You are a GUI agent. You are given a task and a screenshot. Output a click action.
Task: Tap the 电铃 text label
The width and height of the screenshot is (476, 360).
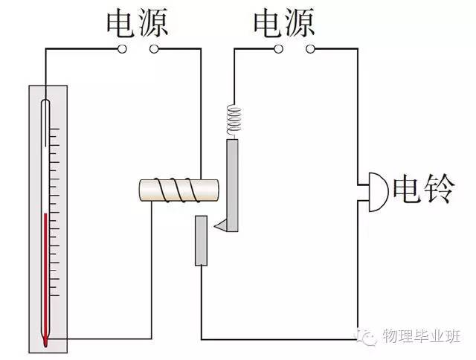coord(422,190)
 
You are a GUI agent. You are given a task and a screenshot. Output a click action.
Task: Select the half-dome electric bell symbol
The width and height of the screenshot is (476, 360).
coord(376,191)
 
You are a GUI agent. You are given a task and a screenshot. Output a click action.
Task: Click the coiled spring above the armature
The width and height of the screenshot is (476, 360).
coord(235,119)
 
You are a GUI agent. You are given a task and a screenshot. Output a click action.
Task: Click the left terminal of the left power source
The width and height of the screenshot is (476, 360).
coord(123,50)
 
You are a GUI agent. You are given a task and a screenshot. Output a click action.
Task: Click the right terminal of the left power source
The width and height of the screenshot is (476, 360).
coord(154,50)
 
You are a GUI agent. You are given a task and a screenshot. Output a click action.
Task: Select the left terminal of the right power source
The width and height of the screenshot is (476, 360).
coord(277,50)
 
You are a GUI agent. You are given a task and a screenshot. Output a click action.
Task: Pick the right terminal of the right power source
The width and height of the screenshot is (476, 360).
coord(309,50)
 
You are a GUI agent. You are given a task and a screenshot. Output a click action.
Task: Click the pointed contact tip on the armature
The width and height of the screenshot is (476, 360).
coord(219,225)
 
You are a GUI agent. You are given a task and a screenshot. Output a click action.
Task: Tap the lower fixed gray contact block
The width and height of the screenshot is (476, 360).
coord(201,240)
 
